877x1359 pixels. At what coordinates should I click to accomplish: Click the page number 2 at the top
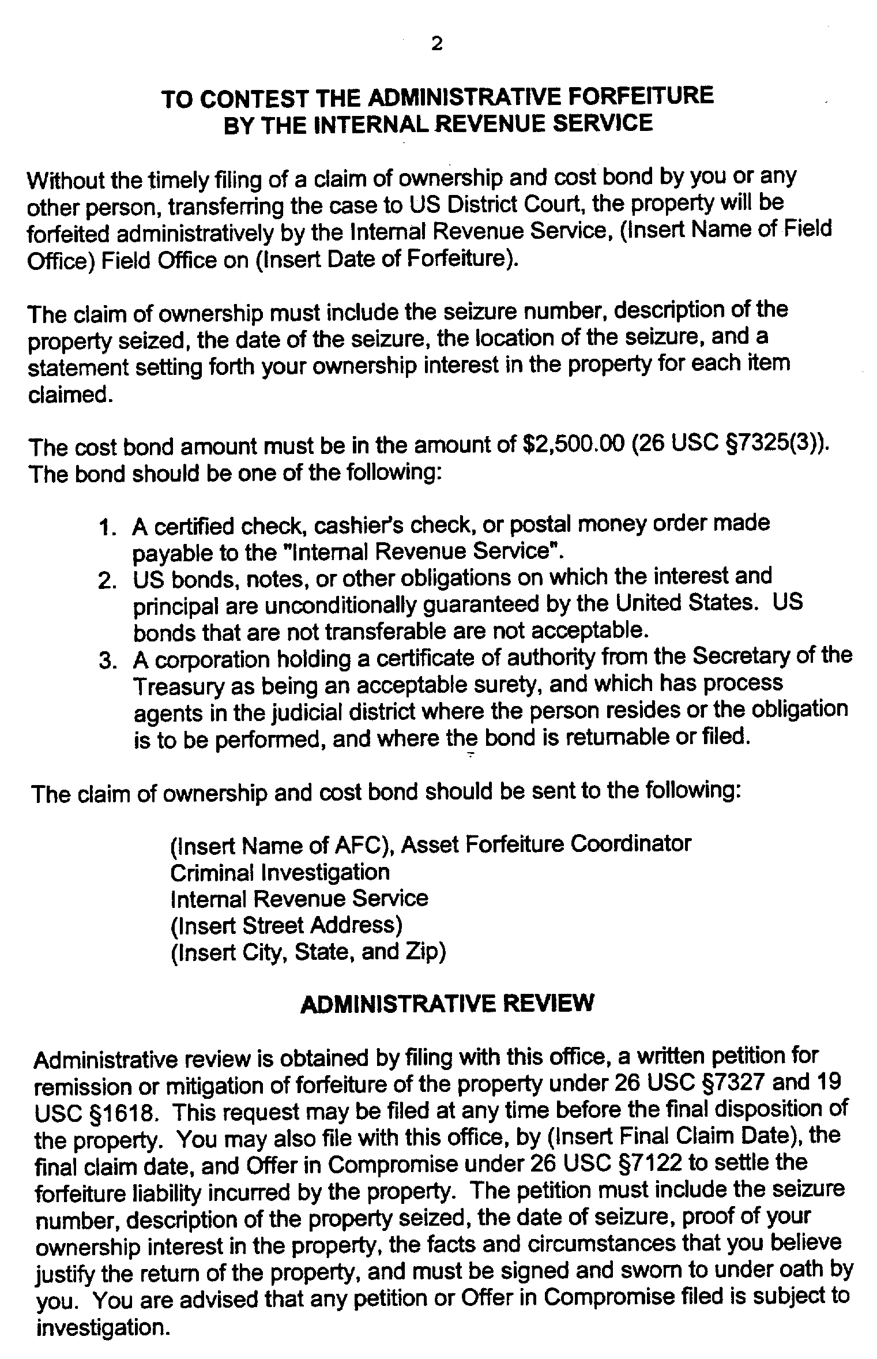click(x=437, y=44)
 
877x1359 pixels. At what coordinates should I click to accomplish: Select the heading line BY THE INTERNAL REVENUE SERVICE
click(x=438, y=123)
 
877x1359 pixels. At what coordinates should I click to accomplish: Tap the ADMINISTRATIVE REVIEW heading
click(x=447, y=1004)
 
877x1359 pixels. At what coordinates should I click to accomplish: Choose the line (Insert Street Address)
click(x=286, y=925)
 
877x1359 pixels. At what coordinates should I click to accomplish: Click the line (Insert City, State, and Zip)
click(x=308, y=952)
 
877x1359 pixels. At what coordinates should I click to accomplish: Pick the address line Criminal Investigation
click(x=280, y=872)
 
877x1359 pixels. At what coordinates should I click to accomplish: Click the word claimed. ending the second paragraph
click(x=69, y=395)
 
